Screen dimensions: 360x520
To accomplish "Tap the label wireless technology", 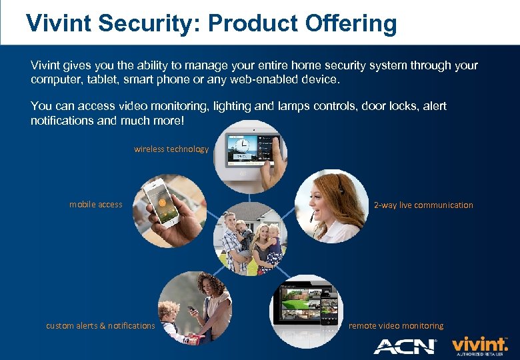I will coord(171,149).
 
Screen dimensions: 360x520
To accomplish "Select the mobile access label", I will coord(96,205).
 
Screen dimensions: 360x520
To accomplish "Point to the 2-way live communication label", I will coord(423,205).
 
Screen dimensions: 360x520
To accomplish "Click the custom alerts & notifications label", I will coord(100,326).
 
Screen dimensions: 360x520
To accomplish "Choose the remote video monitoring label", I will coord(396,326).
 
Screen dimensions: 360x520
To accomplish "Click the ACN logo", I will coord(405,346).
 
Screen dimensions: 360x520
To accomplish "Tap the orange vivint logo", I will coord(479,345).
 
